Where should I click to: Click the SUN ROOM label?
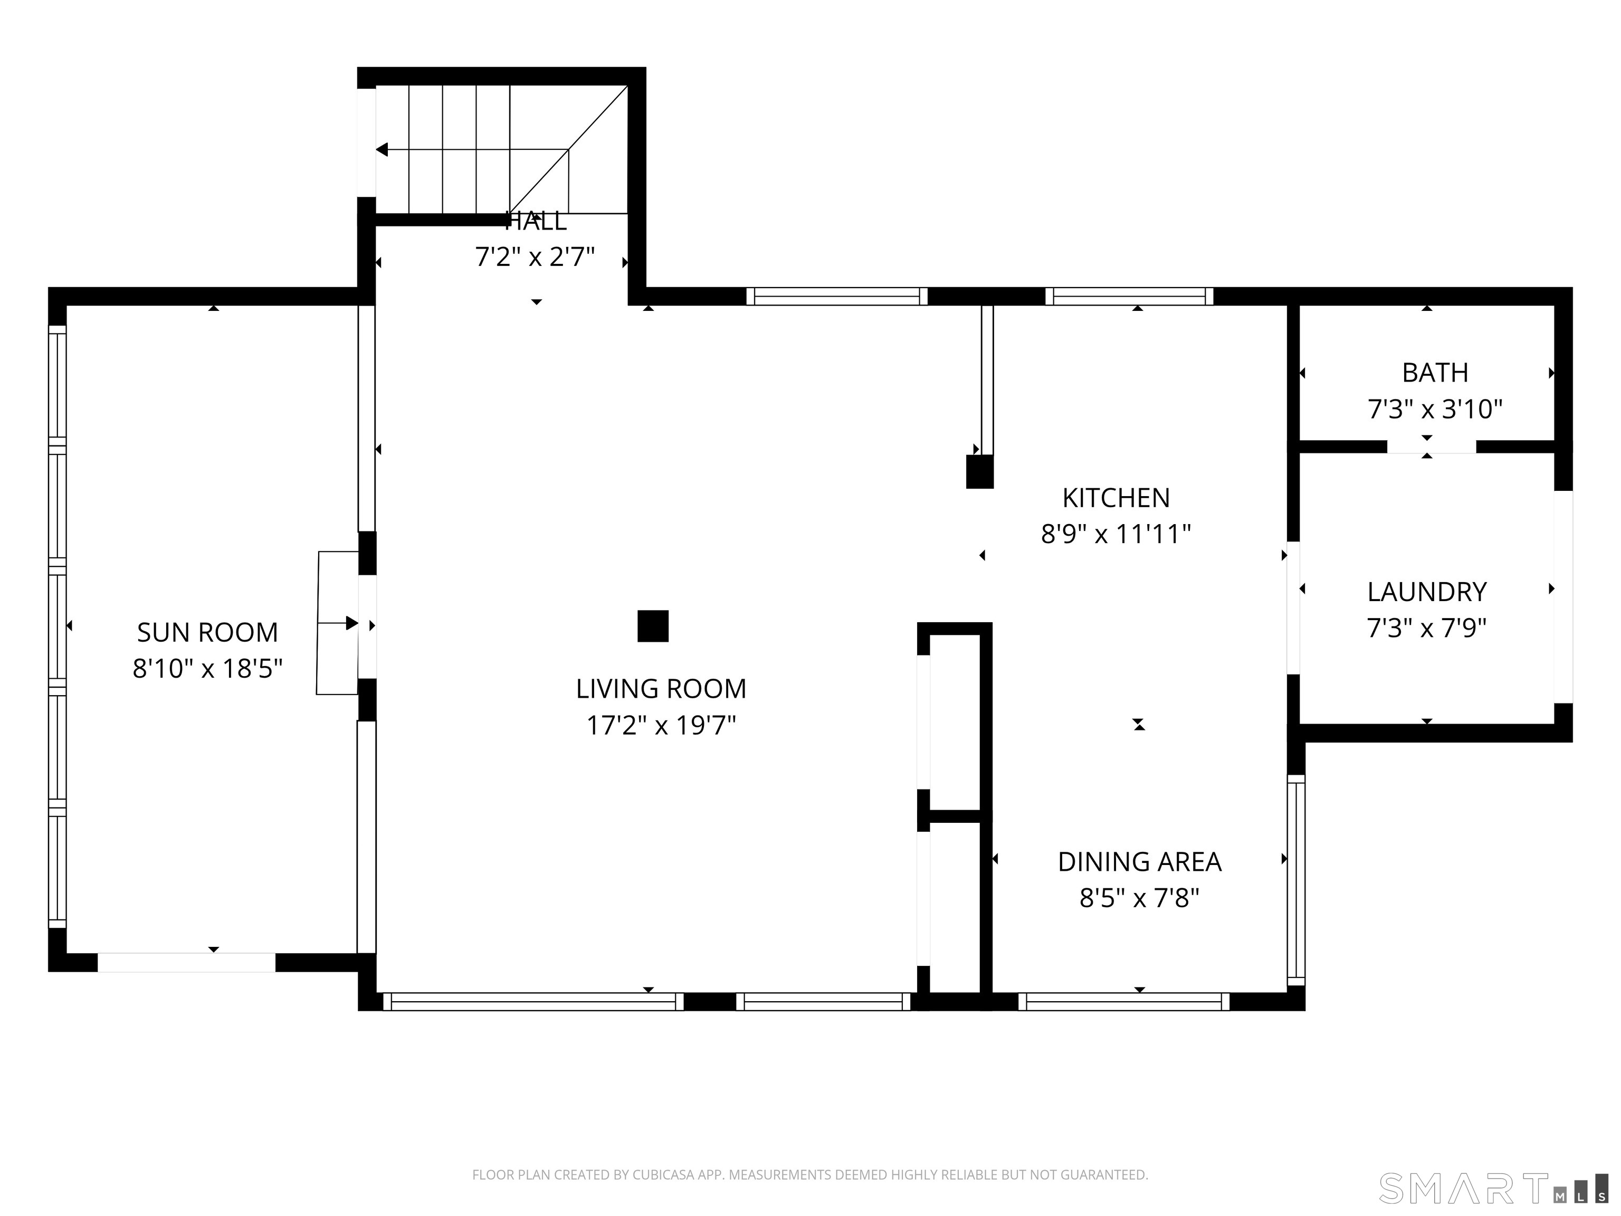click(x=207, y=632)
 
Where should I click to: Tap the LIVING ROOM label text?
click(x=661, y=689)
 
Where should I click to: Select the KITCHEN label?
click(x=1116, y=498)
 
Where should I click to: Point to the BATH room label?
click(x=1435, y=373)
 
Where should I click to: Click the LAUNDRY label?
click(x=1427, y=592)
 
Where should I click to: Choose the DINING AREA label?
click(x=1140, y=862)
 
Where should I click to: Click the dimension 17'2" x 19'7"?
click(x=661, y=726)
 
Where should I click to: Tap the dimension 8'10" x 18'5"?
click(x=207, y=669)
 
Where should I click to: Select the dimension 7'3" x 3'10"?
click(x=1435, y=409)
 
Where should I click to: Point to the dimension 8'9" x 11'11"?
click(x=1116, y=534)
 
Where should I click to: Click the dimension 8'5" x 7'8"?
click(x=1140, y=898)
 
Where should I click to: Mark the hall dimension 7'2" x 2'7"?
click(x=535, y=257)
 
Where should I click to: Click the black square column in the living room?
click(x=653, y=626)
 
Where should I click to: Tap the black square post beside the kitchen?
click(x=980, y=471)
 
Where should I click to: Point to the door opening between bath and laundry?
click(x=1431, y=446)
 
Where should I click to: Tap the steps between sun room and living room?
click(x=338, y=622)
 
